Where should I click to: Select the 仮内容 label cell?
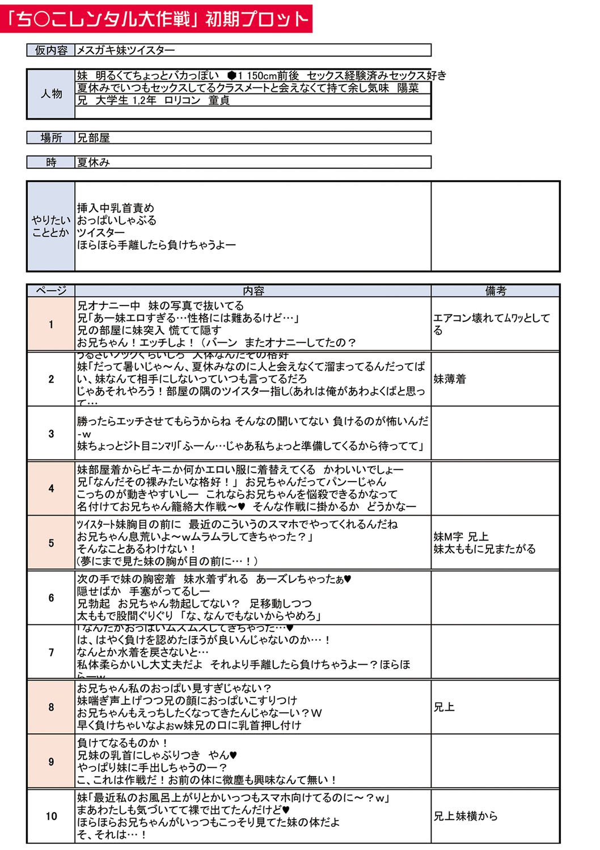pos(51,50)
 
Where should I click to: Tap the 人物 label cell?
pos(51,93)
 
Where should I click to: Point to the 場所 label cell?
pos(51,138)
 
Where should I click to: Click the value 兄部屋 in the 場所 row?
pos(94,138)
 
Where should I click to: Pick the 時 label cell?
pos(51,163)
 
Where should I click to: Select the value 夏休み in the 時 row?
pos(94,163)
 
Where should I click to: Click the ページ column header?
pos(51,291)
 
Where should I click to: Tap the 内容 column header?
pos(253,291)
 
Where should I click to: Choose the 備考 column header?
pos(495,291)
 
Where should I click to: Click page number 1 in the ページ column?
pos(51,325)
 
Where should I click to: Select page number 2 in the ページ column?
pos(51,379)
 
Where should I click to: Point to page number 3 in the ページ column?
pos(51,433)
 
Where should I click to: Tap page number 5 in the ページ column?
pos(51,543)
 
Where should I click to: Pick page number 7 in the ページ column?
pos(51,652)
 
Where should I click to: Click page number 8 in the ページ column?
pos(51,707)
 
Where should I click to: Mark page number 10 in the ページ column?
pos(51,816)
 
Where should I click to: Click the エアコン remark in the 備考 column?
pos(491,324)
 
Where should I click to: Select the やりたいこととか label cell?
pos(51,226)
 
